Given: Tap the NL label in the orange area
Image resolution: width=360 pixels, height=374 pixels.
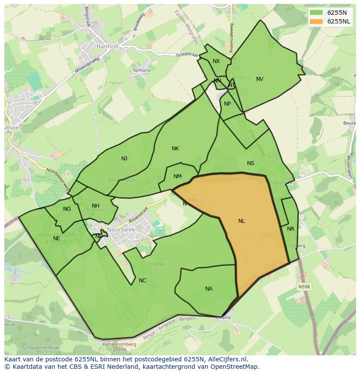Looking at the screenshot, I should (241, 221).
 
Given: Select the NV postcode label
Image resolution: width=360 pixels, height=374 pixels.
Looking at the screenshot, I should (260, 79).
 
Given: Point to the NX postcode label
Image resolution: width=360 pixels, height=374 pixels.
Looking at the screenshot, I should (216, 61).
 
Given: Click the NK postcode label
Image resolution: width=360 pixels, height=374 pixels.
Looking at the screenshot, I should (175, 149).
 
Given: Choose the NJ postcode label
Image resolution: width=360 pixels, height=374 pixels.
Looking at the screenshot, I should (124, 159).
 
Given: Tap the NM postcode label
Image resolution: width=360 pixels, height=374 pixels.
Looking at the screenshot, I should (177, 176).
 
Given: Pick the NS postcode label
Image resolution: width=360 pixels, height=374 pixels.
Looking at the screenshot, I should (250, 163).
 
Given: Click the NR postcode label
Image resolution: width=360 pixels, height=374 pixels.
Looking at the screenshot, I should (290, 229).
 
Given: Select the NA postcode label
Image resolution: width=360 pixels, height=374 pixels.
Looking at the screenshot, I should (209, 289).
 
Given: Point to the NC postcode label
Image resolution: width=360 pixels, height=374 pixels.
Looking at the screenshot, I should (142, 281).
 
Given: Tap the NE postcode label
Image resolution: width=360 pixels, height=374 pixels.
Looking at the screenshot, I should (57, 238).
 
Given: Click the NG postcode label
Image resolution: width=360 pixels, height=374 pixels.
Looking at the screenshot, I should (67, 209).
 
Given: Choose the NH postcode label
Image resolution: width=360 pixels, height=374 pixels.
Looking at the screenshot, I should (96, 206).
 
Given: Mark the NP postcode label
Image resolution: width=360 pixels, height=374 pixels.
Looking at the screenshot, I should (227, 104).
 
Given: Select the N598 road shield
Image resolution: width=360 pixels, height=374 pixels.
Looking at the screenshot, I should (304, 287).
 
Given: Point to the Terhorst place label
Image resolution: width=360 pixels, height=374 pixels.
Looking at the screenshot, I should (142, 70).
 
